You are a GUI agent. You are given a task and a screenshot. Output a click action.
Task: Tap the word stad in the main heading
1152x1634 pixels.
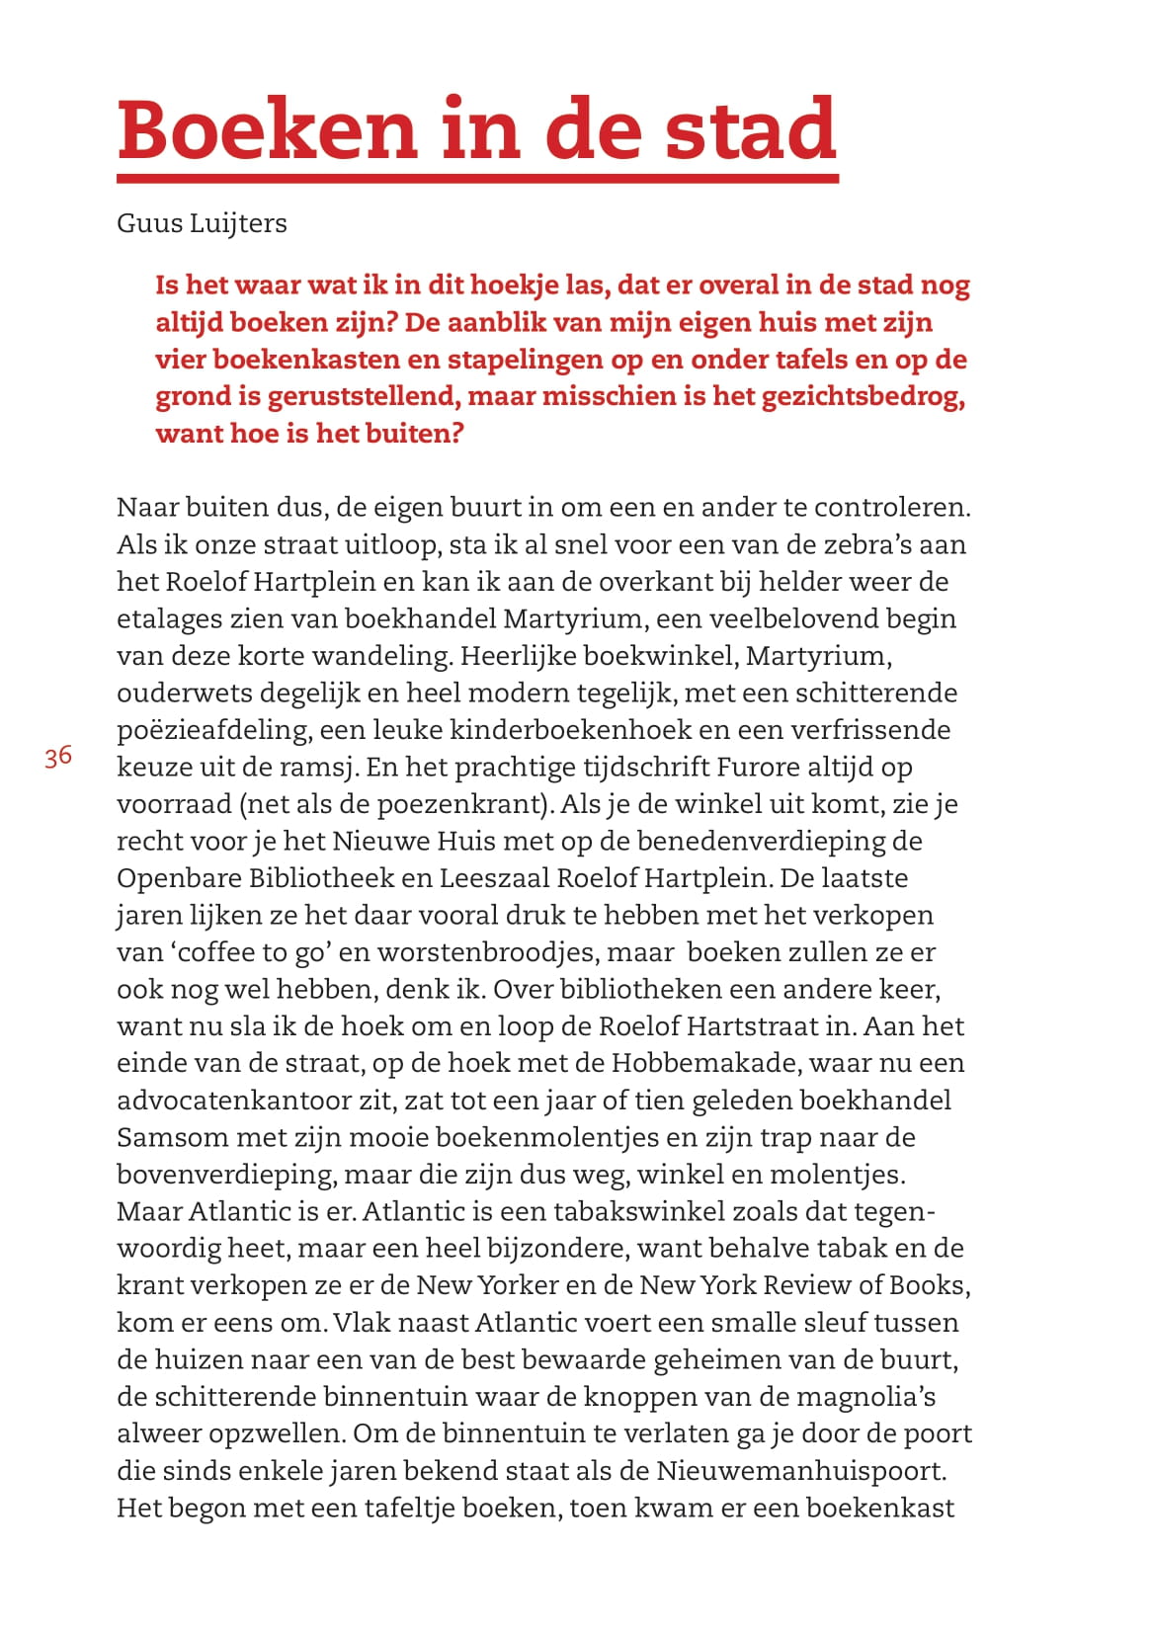pyautogui.click(x=751, y=130)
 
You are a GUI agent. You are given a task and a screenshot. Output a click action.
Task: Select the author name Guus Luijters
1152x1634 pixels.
pyautogui.click(x=202, y=223)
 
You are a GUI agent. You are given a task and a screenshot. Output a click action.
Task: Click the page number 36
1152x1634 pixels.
pyautogui.click(x=58, y=757)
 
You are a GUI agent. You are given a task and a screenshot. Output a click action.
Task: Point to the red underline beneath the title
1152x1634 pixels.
pyautogui.click(x=477, y=179)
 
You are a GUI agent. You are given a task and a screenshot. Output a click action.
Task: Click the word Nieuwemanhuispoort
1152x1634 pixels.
pyautogui.click(x=801, y=1471)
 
